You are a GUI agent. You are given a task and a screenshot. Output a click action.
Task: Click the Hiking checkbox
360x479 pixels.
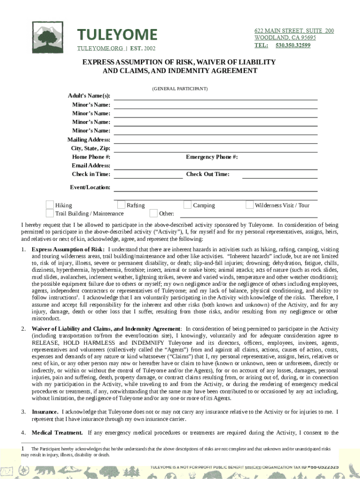50,205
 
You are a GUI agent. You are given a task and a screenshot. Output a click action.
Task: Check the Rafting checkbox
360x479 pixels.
121,205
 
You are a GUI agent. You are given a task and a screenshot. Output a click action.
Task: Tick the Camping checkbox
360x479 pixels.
187,205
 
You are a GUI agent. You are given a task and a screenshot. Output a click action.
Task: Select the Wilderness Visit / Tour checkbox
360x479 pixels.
250,205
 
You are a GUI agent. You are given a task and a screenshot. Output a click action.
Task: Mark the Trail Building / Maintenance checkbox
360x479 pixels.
50,213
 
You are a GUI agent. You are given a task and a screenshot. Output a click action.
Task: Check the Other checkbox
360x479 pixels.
153,213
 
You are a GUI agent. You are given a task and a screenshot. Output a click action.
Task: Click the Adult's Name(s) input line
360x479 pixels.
216,96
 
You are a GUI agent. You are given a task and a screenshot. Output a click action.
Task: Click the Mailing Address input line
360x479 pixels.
216,140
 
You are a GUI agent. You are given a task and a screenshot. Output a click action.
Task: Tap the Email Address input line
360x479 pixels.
216,166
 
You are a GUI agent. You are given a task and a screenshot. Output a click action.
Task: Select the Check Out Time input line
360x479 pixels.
280,175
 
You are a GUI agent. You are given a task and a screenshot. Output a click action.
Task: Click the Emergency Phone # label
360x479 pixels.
212,157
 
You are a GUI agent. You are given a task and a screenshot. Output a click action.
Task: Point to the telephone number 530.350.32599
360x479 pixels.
293,45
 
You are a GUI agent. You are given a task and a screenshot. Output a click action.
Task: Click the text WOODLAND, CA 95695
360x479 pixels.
285,38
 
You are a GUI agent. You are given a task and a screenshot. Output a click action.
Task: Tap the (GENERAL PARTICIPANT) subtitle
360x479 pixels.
180,88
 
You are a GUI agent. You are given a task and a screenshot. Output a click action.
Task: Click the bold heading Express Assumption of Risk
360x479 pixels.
68,249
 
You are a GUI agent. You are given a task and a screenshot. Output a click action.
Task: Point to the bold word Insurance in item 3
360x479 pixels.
45,412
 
